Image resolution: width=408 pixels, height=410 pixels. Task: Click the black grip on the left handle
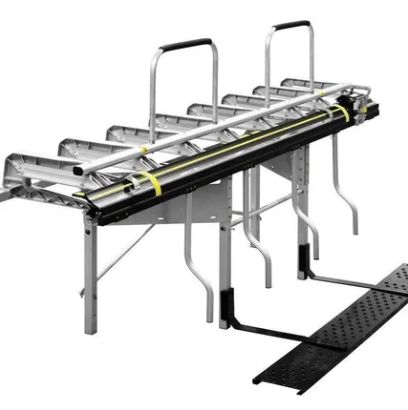[x=185, y=45]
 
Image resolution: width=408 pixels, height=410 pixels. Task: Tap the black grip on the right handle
[x=290, y=25]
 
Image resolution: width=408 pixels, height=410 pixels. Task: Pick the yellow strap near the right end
[x=341, y=114]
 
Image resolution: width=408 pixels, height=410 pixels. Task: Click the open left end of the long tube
[x=80, y=172]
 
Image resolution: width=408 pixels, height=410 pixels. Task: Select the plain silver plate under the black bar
[x=205, y=205]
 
